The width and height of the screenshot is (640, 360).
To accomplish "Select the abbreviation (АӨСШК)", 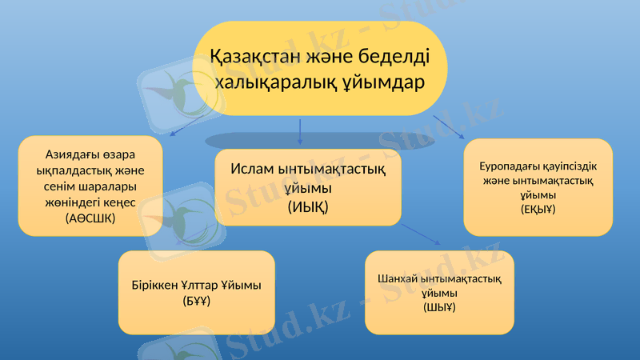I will pos(90,218).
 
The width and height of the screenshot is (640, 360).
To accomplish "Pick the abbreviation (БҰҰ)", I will pos(196,301).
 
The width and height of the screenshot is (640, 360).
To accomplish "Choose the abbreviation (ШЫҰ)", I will pos(439,306).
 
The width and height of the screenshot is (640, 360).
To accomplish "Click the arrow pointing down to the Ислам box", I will pos(300,132).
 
